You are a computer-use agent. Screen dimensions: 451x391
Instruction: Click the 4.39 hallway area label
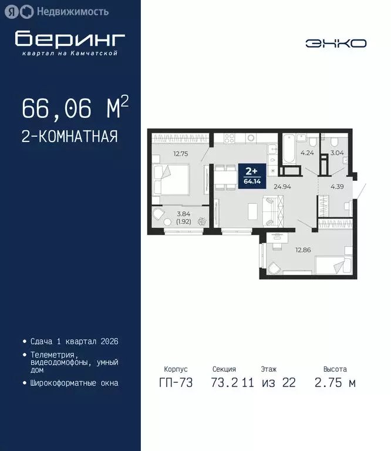[x=337, y=187]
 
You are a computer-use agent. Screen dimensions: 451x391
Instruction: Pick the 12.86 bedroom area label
[x=302, y=250]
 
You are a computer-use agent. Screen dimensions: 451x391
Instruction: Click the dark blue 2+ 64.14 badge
[x=251, y=176]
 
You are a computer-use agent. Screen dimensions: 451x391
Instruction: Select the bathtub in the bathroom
[x=290, y=151]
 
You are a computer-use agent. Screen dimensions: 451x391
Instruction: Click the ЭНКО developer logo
[x=336, y=43]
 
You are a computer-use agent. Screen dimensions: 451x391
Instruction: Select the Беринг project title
[x=70, y=39]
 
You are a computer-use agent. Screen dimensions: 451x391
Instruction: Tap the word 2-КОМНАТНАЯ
[x=70, y=137]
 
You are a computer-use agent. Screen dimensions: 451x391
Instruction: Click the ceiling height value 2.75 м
[x=335, y=383]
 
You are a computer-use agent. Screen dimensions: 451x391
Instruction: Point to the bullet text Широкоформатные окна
[x=74, y=383]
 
